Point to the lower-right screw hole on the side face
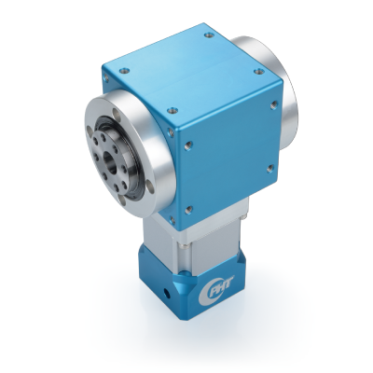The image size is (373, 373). click(271, 168)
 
